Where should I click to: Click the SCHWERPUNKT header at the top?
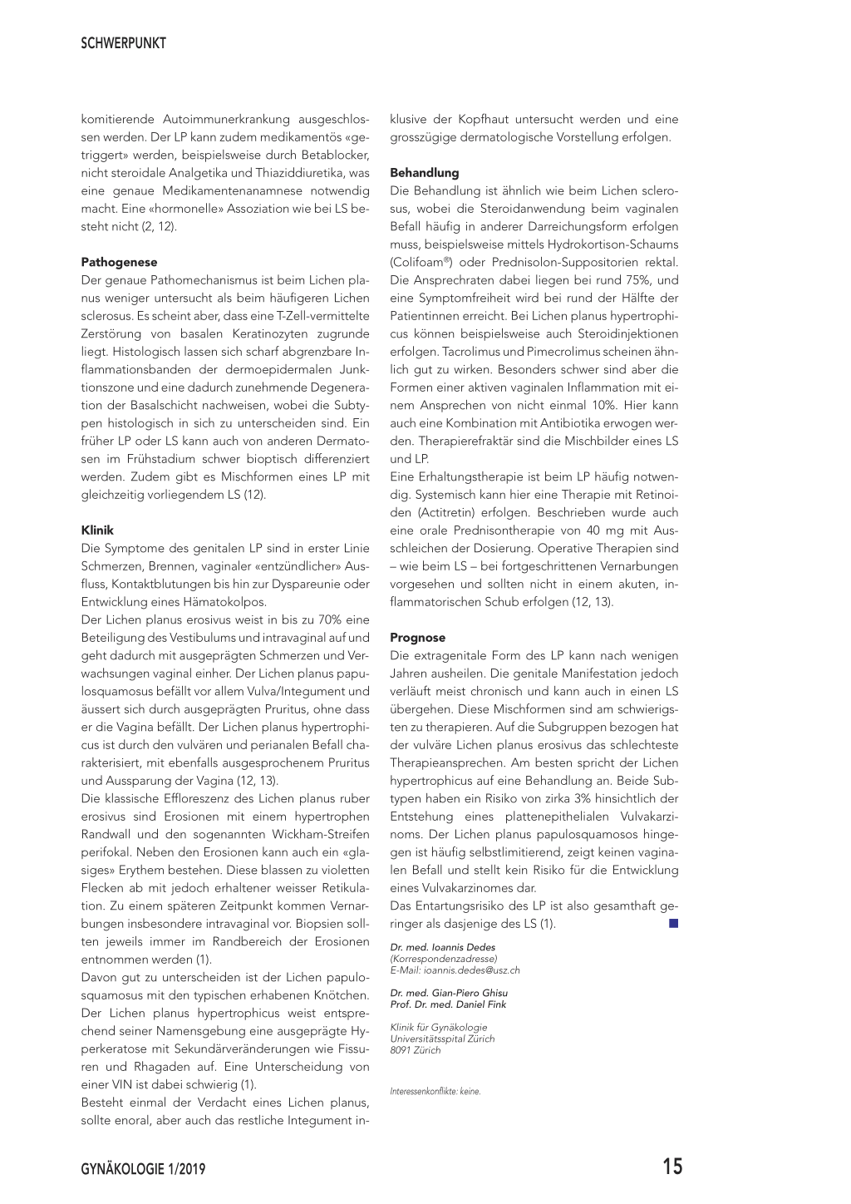point(123,43)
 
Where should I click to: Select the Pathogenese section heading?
point(119,262)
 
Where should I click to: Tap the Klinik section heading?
point(97,530)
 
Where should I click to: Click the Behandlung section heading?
point(424,173)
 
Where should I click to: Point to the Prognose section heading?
point(417,638)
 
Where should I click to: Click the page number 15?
point(671,1167)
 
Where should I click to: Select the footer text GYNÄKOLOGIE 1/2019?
point(143,1169)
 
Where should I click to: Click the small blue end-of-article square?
point(673,923)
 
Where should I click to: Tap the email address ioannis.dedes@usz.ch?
point(471,970)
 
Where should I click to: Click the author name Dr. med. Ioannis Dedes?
point(442,947)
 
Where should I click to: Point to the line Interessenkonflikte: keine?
point(435,1092)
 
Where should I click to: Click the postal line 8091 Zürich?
point(416,1050)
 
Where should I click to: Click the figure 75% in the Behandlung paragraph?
point(638,280)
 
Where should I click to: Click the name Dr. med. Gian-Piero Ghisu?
point(449,993)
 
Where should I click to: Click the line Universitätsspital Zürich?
point(442,1039)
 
